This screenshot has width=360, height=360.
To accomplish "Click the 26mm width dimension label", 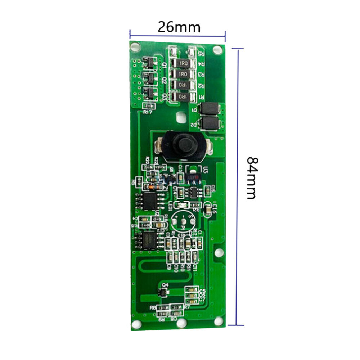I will pos(179,27).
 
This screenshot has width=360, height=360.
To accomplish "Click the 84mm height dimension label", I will pos(251,177).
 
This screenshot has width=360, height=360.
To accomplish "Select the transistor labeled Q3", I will pos(148,93).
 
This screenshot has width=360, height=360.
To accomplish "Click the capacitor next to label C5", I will pos(192,290).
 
